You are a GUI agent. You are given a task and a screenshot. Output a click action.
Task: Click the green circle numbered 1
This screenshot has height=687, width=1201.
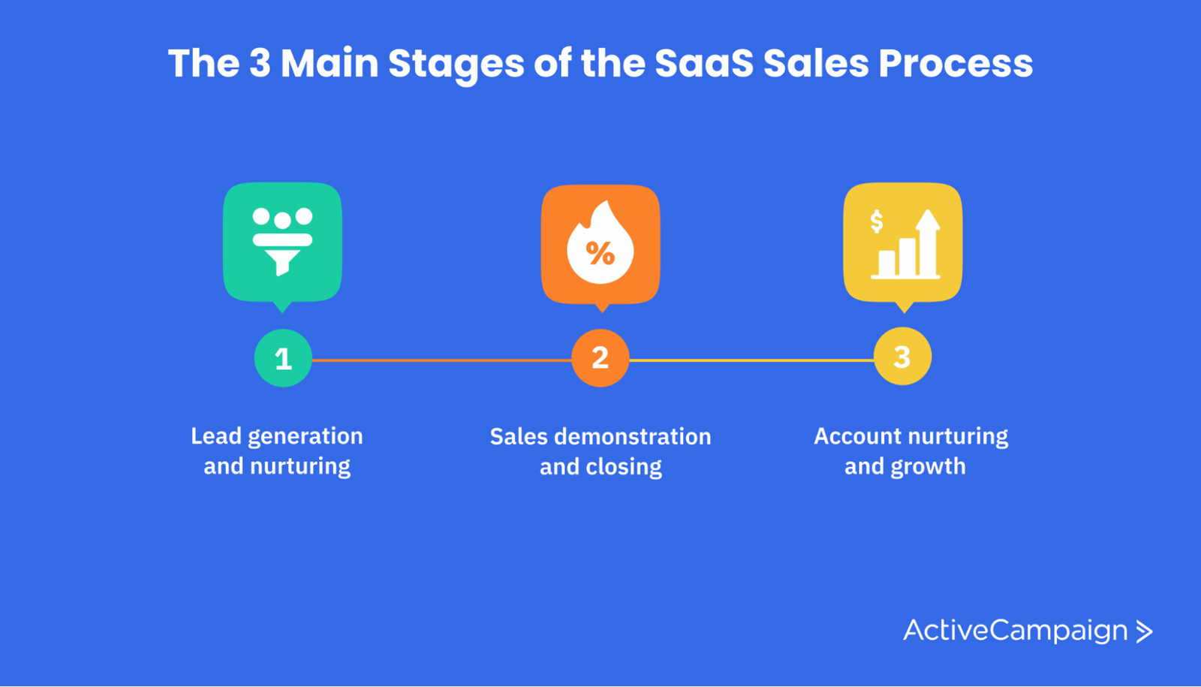tap(283, 357)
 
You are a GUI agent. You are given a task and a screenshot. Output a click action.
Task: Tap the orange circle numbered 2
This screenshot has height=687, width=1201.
tap(600, 357)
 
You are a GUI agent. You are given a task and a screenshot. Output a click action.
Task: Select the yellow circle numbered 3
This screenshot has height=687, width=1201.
tap(903, 356)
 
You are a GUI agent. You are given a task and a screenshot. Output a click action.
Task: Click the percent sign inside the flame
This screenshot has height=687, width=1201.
tap(600, 253)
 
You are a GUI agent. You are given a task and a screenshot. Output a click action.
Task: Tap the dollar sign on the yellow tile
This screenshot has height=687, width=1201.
tap(877, 221)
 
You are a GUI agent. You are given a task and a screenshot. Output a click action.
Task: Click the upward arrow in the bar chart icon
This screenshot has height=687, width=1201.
tap(928, 243)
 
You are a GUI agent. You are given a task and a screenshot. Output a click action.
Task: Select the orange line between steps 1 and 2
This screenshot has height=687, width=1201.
tap(442, 360)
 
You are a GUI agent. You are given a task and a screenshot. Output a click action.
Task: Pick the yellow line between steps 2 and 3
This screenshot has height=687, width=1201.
tap(751, 360)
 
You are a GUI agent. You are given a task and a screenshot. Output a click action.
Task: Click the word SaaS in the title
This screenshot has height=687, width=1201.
tap(704, 63)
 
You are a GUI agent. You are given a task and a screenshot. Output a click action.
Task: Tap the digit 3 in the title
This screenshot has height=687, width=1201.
tap(260, 63)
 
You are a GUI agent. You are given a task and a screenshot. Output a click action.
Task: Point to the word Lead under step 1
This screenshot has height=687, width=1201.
tap(216, 436)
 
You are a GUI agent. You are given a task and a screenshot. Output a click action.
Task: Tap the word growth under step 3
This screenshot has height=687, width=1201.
tap(928, 466)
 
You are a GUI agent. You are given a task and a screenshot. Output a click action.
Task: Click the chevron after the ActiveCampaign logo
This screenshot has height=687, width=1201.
tap(1144, 631)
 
